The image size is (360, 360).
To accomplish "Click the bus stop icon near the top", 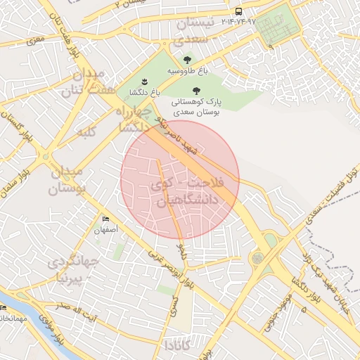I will click(x=239, y=11).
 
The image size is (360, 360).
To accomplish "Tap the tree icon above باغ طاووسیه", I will click(x=186, y=60).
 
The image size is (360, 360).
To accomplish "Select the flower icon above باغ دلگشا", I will click(x=144, y=82).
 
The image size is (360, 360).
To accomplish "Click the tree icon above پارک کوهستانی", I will click(x=196, y=90).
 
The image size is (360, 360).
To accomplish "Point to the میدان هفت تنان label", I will click(x=82, y=83).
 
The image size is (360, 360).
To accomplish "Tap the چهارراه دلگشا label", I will click(x=132, y=119).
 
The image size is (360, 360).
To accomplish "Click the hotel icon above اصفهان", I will click(x=105, y=219).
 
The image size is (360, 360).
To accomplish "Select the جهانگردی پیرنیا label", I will click(x=75, y=270).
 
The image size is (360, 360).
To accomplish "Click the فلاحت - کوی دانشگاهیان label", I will click(x=186, y=191).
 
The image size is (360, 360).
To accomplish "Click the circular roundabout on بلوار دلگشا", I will click(x=258, y=258).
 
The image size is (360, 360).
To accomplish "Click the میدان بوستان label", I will click(x=67, y=180).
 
